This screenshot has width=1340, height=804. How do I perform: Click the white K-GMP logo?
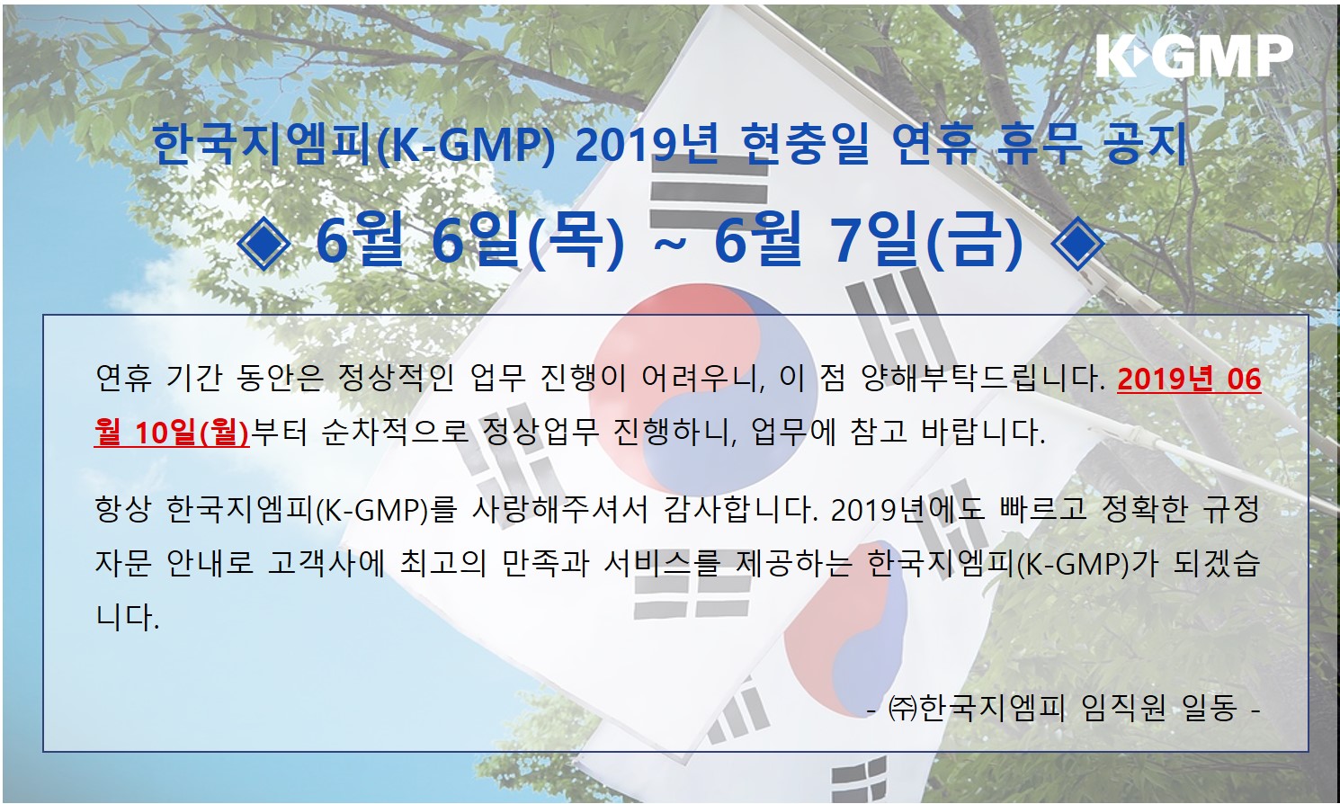pos(1194,56)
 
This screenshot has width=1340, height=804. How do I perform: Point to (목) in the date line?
pos(576,244)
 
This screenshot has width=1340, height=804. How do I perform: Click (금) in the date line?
pos(975,244)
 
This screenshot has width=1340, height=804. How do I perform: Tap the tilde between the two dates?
pos(669,246)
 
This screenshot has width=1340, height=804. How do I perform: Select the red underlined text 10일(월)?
pos(192,432)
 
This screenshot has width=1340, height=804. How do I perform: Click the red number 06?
pos(1244,380)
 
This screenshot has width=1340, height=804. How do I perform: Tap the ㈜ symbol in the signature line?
pos(903,710)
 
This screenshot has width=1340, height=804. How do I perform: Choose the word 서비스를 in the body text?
pos(661,563)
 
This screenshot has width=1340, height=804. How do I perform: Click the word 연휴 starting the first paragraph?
pos(124,378)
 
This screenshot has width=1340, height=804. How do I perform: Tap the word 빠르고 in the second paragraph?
pos(1042,510)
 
